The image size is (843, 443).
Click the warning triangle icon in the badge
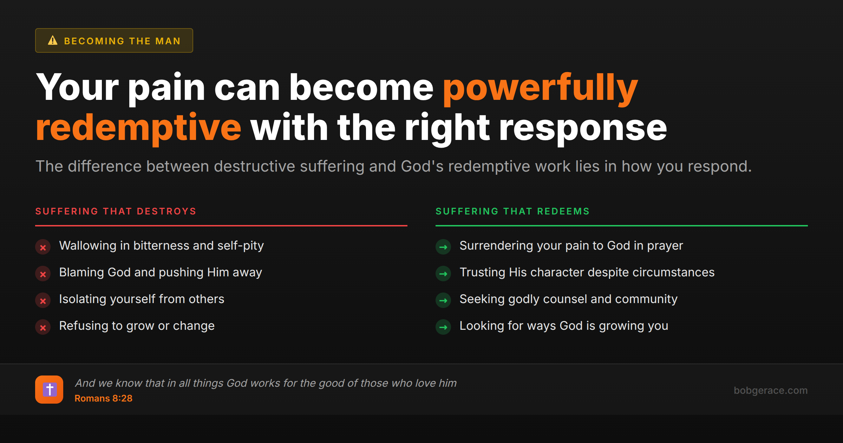coord(53,40)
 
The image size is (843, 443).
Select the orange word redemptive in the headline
coord(138,128)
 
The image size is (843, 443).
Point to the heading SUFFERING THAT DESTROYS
coord(116,211)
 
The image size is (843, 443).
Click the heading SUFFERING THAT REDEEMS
coord(512,211)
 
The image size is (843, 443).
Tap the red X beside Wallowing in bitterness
coord(43,247)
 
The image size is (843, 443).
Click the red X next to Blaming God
coord(43,274)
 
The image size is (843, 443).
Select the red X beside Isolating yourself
coord(43,301)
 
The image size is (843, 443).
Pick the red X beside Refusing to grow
coord(43,327)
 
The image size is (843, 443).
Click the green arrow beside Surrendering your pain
coord(443,247)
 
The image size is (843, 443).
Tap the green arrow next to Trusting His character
coord(443,274)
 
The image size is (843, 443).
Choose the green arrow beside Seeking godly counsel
coord(443,301)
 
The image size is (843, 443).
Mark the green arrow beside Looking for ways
coord(443,327)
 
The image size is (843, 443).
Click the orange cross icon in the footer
coord(49,390)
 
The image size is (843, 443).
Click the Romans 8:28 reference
coord(103,398)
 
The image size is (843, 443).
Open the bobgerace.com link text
coord(770,390)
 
